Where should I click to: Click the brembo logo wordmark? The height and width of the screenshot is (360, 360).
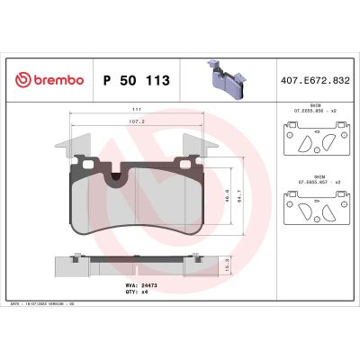point(56,80)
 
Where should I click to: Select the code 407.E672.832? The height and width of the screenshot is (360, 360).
point(316,80)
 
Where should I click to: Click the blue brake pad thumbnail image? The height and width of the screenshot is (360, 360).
point(224,80)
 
